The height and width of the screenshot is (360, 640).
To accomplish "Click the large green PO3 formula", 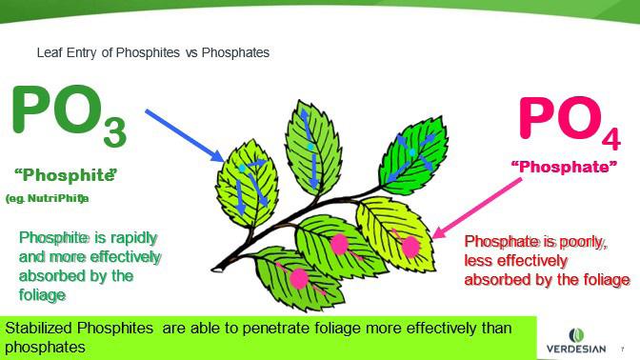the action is [70, 115].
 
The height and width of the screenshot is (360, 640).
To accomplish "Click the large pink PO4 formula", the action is [570, 122].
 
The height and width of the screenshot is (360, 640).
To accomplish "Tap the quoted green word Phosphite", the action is [66, 175].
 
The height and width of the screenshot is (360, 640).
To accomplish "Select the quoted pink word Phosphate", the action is [564, 167].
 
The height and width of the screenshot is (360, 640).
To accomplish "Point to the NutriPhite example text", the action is [47, 199].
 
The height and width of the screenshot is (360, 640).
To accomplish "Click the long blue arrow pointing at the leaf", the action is [185, 135].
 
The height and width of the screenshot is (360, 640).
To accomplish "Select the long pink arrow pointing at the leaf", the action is [477, 208].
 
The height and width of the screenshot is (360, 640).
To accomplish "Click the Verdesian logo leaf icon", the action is [576, 335].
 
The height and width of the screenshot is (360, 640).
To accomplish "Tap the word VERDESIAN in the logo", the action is [576, 349].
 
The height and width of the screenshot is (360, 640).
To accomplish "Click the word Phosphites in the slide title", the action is [148, 52].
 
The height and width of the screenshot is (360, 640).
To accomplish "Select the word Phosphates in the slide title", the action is [235, 52].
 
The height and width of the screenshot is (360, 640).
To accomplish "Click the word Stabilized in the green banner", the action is [39, 328].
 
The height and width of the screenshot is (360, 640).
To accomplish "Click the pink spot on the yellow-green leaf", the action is [410, 247].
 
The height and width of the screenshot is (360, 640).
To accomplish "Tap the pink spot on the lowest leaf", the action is [299, 279].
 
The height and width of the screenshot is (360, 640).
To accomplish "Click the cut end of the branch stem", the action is [216, 270].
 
